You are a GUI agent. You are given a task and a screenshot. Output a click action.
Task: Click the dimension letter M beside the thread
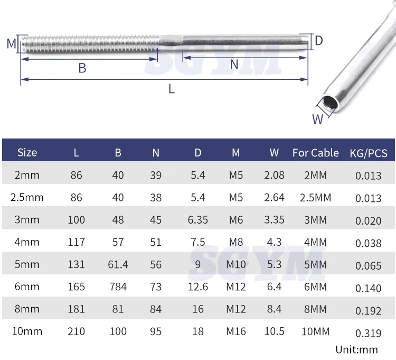12,43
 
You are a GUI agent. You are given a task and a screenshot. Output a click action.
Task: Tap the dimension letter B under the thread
82,68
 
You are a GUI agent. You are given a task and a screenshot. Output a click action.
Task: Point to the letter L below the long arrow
172,89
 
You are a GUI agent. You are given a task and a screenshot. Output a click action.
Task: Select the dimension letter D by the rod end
319,41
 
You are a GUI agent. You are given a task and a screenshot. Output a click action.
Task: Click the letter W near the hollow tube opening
317,119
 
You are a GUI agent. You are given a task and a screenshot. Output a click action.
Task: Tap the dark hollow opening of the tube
330,103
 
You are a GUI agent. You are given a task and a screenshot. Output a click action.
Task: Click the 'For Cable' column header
315,153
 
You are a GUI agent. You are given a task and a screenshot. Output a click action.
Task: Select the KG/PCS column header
369,153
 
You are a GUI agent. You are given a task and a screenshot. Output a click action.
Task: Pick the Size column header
27,153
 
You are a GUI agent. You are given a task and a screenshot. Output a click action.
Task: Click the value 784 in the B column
118,287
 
